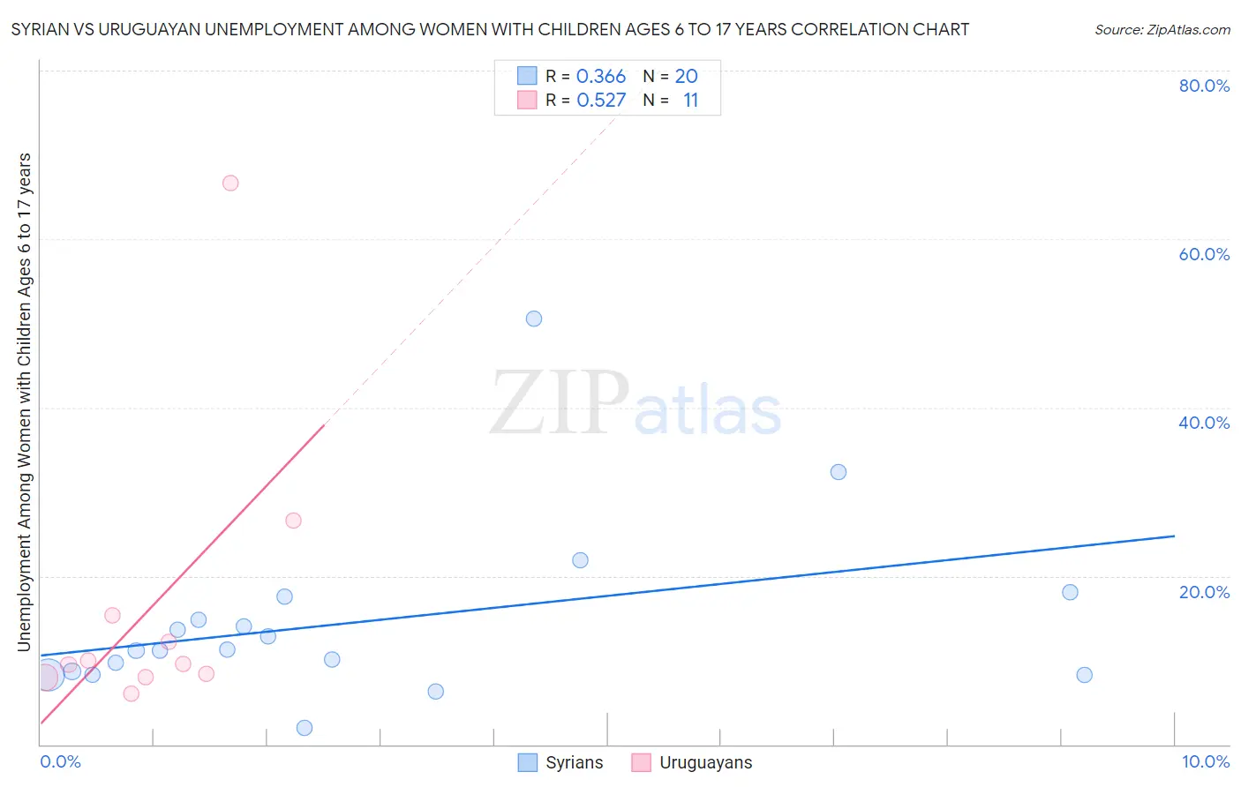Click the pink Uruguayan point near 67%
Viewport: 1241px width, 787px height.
tap(230, 184)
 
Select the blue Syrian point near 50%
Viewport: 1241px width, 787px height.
tap(534, 319)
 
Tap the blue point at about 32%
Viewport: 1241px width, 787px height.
tap(839, 472)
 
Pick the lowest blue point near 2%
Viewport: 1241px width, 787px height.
tap(305, 728)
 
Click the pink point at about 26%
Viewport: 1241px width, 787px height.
tap(294, 521)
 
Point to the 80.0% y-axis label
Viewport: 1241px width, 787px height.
tap(1204, 86)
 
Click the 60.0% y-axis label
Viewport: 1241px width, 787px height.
tap(1204, 254)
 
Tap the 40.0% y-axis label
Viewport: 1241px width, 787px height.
tap(1204, 423)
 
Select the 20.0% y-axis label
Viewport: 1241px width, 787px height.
tap(1204, 592)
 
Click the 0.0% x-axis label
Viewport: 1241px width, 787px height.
tap(60, 761)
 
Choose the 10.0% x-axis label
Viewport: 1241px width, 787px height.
tap(1205, 761)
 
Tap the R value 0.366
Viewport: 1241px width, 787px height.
tap(601, 77)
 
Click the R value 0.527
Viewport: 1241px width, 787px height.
tap(601, 101)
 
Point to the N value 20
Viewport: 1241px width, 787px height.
tap(687, 77)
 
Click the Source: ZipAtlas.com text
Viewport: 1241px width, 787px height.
tap(1162, 30)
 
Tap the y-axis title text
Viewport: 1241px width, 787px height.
tap(25, 402)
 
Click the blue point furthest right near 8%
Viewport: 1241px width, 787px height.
tap(1085, 675)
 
